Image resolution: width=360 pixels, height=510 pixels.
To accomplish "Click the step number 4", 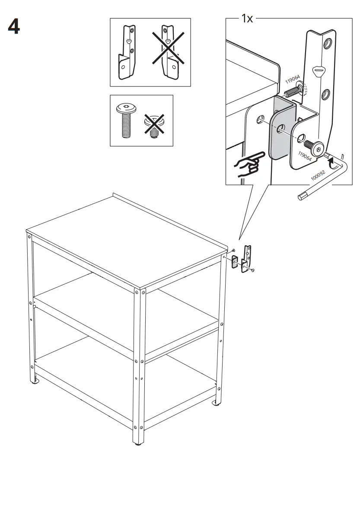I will [x=14, y=27].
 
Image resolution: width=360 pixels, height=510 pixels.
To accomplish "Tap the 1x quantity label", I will [x=247, y=19].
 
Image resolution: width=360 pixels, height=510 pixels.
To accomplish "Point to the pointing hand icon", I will [x=248, y=164].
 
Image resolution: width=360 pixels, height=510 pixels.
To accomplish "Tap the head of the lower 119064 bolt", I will [x=318, y=149].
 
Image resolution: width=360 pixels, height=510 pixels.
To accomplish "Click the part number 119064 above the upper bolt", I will [x=292, y=80].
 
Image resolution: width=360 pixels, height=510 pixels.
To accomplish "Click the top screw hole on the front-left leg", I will [x=29, y=237].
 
